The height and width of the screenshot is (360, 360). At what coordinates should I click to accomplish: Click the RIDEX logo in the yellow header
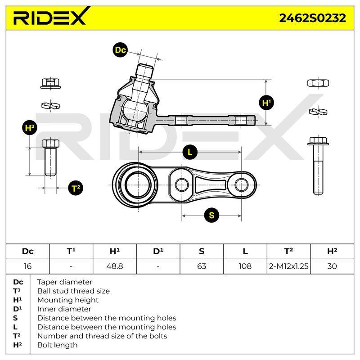point(50,17)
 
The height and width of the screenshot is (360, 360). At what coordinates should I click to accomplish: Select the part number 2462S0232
point(312,18)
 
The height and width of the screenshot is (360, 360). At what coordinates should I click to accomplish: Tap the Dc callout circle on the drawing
point(120,50)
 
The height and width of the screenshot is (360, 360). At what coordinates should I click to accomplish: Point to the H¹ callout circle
point(266,103)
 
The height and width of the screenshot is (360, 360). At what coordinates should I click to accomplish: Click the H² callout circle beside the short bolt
point(30,128)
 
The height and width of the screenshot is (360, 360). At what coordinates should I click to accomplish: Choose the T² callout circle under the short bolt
point(76,188)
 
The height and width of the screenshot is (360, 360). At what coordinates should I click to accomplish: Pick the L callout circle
point(190,152)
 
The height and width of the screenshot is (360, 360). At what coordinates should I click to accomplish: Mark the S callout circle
point(211,215)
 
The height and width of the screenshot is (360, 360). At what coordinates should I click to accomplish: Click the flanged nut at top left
point(50,83)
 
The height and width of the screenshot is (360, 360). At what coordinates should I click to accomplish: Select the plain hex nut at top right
point(318,83)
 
